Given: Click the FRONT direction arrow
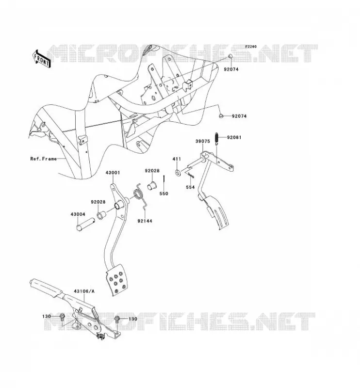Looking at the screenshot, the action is click(42, 59).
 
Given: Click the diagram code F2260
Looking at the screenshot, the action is click(251, 47).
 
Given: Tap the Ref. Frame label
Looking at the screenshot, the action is click(44, 159).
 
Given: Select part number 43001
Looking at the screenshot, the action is click(113, 173).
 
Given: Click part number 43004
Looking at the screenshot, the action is click(78, 214).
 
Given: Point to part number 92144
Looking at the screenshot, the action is click(145, 221).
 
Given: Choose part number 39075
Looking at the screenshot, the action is click(202, 141).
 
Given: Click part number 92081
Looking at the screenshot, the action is click(234, 137).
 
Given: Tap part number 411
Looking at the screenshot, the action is click(177, 159).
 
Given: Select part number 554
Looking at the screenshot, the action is click(190, 187).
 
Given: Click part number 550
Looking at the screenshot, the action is click(164, 194).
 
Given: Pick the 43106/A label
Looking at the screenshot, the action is click(84, 291).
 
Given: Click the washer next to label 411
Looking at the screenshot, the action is click(178, 173).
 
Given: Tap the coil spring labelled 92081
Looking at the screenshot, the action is click(217, 138).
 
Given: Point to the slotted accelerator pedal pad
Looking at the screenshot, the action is click(216, 211).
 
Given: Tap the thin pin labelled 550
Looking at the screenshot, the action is click(164, 182).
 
